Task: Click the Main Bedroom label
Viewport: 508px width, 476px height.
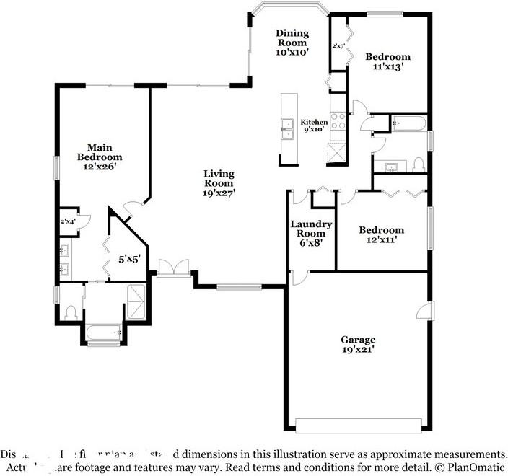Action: [100, 157]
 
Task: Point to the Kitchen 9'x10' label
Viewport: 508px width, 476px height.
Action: [314, 126]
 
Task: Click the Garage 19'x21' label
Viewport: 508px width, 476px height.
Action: [358, 344]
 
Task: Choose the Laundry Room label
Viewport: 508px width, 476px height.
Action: [311, 233]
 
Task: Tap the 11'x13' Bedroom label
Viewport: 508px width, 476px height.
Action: [387, 61]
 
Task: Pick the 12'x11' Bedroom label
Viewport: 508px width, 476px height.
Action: [382, 235]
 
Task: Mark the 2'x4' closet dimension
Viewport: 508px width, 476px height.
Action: [68, 221]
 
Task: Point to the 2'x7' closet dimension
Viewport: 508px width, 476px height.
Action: [338, 46]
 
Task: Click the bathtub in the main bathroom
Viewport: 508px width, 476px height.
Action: [102, 332]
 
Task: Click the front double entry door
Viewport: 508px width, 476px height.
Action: [174, 268]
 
